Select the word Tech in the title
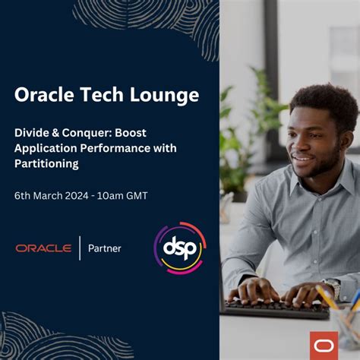[100, 95]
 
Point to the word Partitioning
[46, 163]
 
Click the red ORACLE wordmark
[43, 248]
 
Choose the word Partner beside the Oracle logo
[105, 248]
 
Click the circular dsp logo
[179, 248]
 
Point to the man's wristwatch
[332, 287]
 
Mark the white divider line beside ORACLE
[80, 248]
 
